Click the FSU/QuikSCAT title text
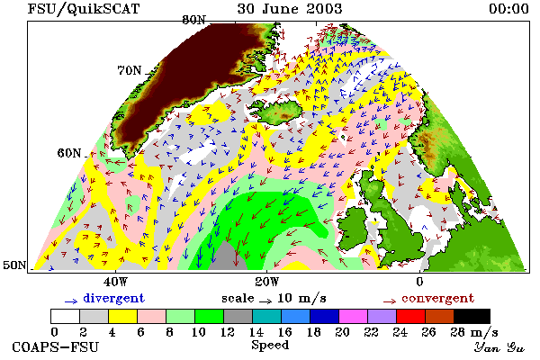pos(84,9)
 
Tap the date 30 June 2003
pos(290,9)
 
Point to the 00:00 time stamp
pos(508,9)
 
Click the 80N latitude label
pos(194,21)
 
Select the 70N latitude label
pos(130,70)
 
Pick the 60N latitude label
pos(69,153)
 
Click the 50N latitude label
pos(14,265)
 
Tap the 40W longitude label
pos(115,282)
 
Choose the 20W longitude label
pos(267,282)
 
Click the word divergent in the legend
pos(113,298)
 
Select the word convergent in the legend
pos(437,298)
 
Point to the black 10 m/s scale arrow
pos(265,301)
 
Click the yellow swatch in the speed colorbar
pos(122,316)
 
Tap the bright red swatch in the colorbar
pos(410,316)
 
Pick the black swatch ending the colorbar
pos(472,316)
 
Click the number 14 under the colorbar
pos(256,332)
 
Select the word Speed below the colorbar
pos(270,345)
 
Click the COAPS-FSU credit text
pos(56,346)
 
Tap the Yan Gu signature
pos(499,347)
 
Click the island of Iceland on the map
pos(277,112)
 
